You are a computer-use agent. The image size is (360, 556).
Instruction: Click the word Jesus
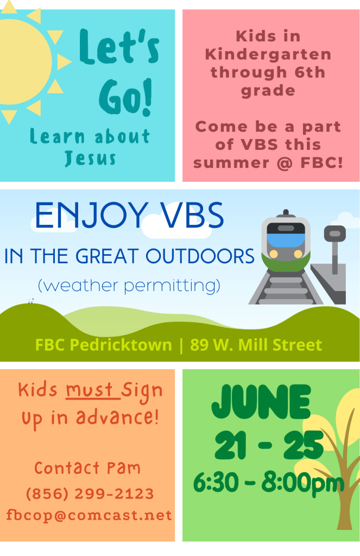tap(91, 158)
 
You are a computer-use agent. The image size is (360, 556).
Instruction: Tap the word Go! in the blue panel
tap(126, 97)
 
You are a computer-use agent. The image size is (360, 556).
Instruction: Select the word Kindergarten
tap(268, 55)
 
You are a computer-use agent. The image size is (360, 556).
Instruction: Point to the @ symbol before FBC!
tap(285, 163)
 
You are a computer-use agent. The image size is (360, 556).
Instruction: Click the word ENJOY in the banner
tap(91, 216)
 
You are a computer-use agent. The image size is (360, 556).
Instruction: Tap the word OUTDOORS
tap(200, 256)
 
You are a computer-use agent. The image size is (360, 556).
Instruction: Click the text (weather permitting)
tap(129, 286)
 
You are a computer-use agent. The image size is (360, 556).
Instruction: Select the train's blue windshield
tap(286, 239)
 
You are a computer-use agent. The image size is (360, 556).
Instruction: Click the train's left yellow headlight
tap(274, 254)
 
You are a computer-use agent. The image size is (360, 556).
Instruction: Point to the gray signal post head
tap(335, 233)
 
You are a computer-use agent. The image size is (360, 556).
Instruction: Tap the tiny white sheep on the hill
tap(31, 301)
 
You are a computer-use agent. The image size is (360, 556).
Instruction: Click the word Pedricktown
tap(121, 345)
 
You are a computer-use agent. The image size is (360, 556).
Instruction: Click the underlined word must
tap(90, 390)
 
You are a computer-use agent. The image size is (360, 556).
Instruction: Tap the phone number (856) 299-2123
tap(90, 494)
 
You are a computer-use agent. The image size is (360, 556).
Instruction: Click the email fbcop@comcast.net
tap(89, 515)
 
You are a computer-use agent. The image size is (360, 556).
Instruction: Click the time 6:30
tap(216, 483)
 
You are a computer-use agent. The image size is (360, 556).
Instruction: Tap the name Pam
tap(124, 468)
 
